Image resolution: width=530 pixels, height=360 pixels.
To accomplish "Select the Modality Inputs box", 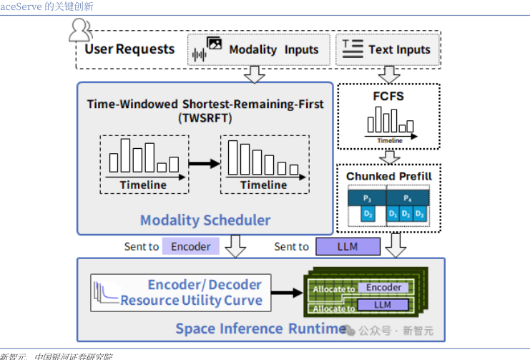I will point(258,49).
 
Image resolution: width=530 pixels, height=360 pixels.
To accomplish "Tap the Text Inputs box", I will point(388,49).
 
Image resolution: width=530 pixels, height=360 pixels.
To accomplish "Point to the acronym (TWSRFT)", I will point(205,117).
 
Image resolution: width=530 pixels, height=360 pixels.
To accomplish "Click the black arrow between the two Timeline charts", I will point(204,164).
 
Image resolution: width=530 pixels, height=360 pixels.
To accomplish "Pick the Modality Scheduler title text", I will point(205,220).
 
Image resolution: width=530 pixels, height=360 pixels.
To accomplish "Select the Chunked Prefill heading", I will point(389,176).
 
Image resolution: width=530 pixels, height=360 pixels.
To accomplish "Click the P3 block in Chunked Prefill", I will point(367,197).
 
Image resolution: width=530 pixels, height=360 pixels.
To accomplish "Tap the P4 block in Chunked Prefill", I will point(408,197).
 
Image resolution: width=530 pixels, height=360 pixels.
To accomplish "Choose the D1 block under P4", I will point(393,213).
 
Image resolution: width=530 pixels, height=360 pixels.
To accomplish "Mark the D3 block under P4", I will point(420,213).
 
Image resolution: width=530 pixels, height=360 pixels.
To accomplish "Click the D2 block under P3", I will point(368,213).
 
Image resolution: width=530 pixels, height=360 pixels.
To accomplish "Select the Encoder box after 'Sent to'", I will point(191,246).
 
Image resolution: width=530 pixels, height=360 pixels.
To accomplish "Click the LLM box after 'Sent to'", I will point(348,246).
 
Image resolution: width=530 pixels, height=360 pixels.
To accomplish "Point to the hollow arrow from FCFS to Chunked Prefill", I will point(389,157).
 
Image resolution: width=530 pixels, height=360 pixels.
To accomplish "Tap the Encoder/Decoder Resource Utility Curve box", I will point(181,292).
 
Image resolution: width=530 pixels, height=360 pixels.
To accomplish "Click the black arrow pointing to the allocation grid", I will point(288,292).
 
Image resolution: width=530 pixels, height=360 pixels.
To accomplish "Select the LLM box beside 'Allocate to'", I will point(383,306).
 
